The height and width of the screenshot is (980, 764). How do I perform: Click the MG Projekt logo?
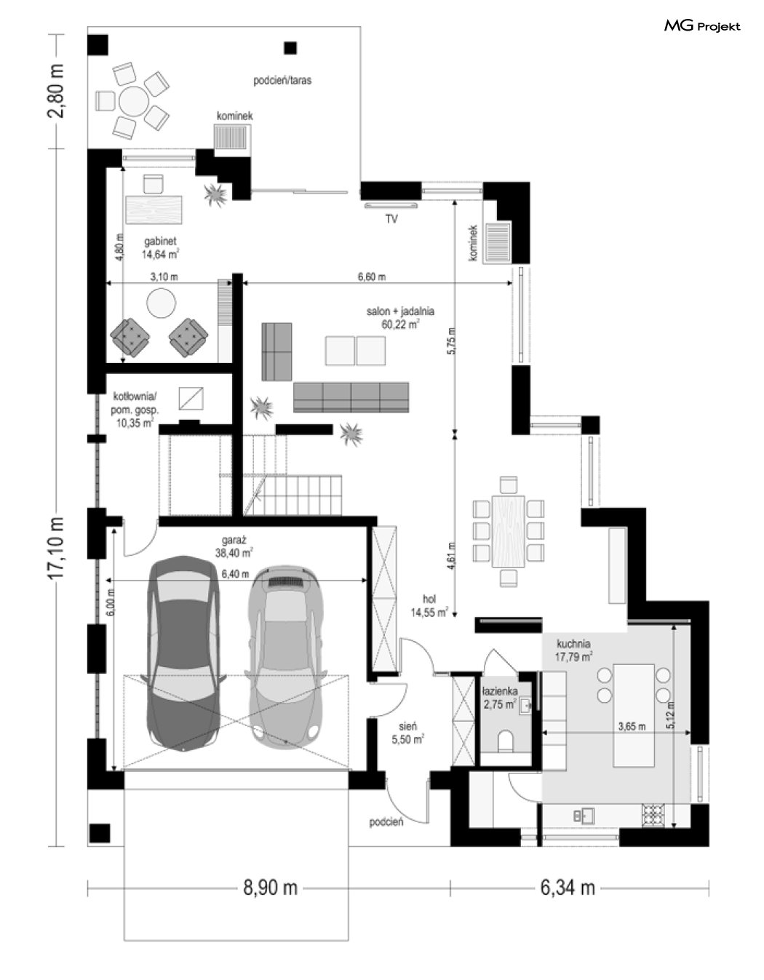(701, 26)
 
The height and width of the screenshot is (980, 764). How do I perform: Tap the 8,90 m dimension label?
(270, 888)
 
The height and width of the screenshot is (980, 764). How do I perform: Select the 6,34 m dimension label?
(568, 888)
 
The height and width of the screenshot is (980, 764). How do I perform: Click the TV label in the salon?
(391, 219)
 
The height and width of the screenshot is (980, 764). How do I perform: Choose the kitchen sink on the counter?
(584, 816)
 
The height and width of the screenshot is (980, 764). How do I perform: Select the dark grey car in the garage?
(183, 653)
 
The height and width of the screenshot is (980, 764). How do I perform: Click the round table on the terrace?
(133, 101)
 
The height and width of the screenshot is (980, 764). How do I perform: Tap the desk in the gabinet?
(154, 210)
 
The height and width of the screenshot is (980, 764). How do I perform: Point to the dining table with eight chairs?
(509, 531)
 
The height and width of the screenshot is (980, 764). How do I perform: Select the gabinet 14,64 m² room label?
(160, 248)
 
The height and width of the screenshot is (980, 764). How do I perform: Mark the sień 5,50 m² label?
(407, 733)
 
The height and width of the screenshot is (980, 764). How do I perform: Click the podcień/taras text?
(282, 81)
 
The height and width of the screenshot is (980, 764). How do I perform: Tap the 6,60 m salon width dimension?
(372, 277)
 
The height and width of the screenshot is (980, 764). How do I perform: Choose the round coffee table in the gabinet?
(161, 303)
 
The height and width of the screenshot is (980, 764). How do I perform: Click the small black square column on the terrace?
(290, 48)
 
